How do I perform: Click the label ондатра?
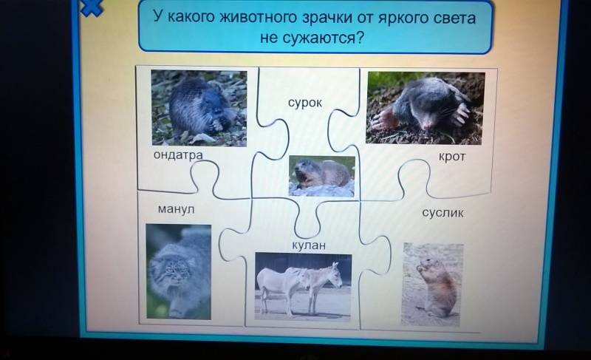[178, 155]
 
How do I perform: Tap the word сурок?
[305, 103]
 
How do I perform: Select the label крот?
[452, 156]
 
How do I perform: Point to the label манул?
[176, 209]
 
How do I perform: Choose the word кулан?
[309, 245]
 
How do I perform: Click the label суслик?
[443, 213]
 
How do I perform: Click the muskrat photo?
[199, 108]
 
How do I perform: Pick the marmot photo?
[322, 176]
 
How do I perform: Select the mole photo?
[426, 108]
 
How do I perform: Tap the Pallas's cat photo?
[178, 272]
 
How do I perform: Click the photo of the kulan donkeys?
[303, 287]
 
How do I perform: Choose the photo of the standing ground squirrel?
[433, 285]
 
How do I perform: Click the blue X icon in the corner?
[92, 7]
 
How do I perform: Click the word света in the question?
[454, 18]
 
